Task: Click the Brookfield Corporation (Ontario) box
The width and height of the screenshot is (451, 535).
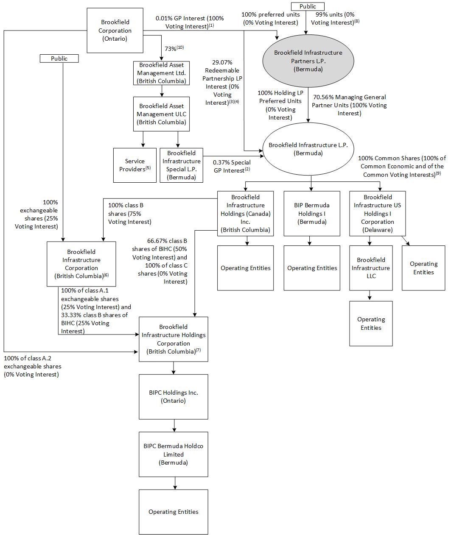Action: point(115,31)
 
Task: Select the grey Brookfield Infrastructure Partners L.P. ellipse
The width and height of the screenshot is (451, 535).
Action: point(308,61)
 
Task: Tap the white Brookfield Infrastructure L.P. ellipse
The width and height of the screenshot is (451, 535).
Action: point(308,149)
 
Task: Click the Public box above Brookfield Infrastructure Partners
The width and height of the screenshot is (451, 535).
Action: point(308,6)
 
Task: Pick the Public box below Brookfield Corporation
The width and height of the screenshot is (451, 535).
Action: point(59,59)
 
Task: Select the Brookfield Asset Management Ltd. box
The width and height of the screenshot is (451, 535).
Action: point(162,73)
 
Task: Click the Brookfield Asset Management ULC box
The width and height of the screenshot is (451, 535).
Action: point(162,114)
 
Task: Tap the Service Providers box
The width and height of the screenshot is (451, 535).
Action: point(134,165)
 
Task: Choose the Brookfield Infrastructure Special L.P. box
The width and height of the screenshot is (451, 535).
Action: point(181,165)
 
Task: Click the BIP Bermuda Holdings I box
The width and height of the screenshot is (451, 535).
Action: point(311,213)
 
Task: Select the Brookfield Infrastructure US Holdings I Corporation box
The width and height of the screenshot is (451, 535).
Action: point(377,213)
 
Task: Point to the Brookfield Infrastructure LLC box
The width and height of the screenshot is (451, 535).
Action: point(371,268)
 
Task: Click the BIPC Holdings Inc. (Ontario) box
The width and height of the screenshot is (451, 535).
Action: point(173,396)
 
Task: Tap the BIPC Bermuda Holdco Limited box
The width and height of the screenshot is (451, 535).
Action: point(173,454)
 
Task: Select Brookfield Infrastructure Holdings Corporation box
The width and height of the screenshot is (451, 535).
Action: point(173,339)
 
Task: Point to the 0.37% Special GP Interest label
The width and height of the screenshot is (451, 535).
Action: point(232,166)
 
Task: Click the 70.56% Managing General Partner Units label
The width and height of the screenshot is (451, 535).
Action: point(349,105)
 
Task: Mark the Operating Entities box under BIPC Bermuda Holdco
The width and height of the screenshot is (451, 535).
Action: point(173,512)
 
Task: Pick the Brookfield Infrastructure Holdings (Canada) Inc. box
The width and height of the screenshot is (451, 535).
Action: point(245,213)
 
